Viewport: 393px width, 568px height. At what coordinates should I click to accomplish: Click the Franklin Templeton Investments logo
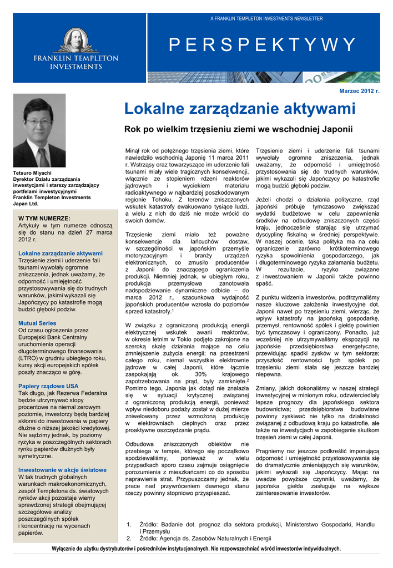(75, 49)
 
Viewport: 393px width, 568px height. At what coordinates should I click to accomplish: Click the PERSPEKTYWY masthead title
(261, 44)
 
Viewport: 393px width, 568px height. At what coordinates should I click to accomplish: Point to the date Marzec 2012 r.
(359, 90)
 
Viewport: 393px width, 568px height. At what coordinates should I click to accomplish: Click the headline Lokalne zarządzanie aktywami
(240, 109)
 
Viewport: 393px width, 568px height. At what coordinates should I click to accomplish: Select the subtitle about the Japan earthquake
(239, 130)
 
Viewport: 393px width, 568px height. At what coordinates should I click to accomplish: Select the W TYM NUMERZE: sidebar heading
(44, 219)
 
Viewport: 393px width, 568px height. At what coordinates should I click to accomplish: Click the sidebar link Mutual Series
(37, 323)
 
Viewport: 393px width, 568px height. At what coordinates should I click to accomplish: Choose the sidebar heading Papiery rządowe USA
(48, 386)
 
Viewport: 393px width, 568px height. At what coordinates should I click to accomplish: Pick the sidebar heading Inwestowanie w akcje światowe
(62, 470)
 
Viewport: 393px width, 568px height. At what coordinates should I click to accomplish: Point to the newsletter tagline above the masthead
(266, 19)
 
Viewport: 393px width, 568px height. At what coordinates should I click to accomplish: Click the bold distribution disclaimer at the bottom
(196, 549)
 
